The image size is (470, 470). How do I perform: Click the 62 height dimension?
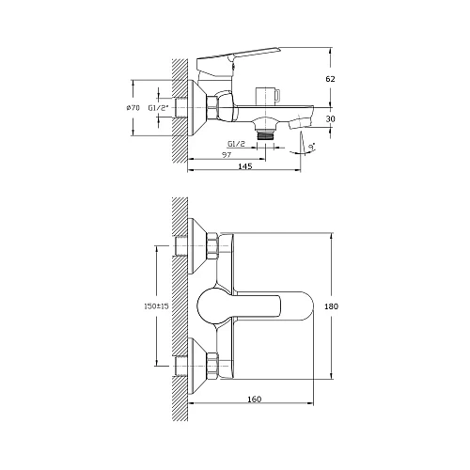(x=330, y=79)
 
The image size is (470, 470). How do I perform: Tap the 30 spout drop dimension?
(x=331, y=119)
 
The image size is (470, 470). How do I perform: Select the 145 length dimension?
(x=245, y=166)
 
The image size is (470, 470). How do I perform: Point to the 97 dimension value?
(x=227, y=155)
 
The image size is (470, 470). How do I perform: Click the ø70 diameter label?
(x=133, y=108)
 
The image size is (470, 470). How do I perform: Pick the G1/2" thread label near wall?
(x=159, y=108)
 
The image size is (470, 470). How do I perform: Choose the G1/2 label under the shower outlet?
(x=237, y=144)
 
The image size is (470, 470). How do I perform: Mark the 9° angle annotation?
(x=311, y=147)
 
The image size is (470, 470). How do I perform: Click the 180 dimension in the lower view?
(x=331, y=306)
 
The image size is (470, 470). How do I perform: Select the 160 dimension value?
(x=254, y=399)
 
